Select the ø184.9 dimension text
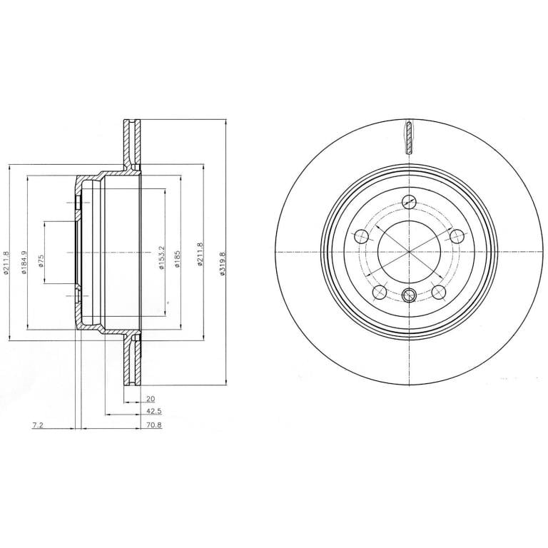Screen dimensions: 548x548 click(x=24, y=262)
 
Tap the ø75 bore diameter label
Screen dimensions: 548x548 click(x=41, y=261)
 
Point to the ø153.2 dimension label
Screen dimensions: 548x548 click(x=161, y=257)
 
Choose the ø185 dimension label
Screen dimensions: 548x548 click(x=177, y=258)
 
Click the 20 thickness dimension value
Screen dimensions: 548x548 click(x=151, y=398)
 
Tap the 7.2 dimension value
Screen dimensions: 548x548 click(x=37, y=425)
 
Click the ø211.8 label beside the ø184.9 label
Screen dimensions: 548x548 click(x=6, y=262)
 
